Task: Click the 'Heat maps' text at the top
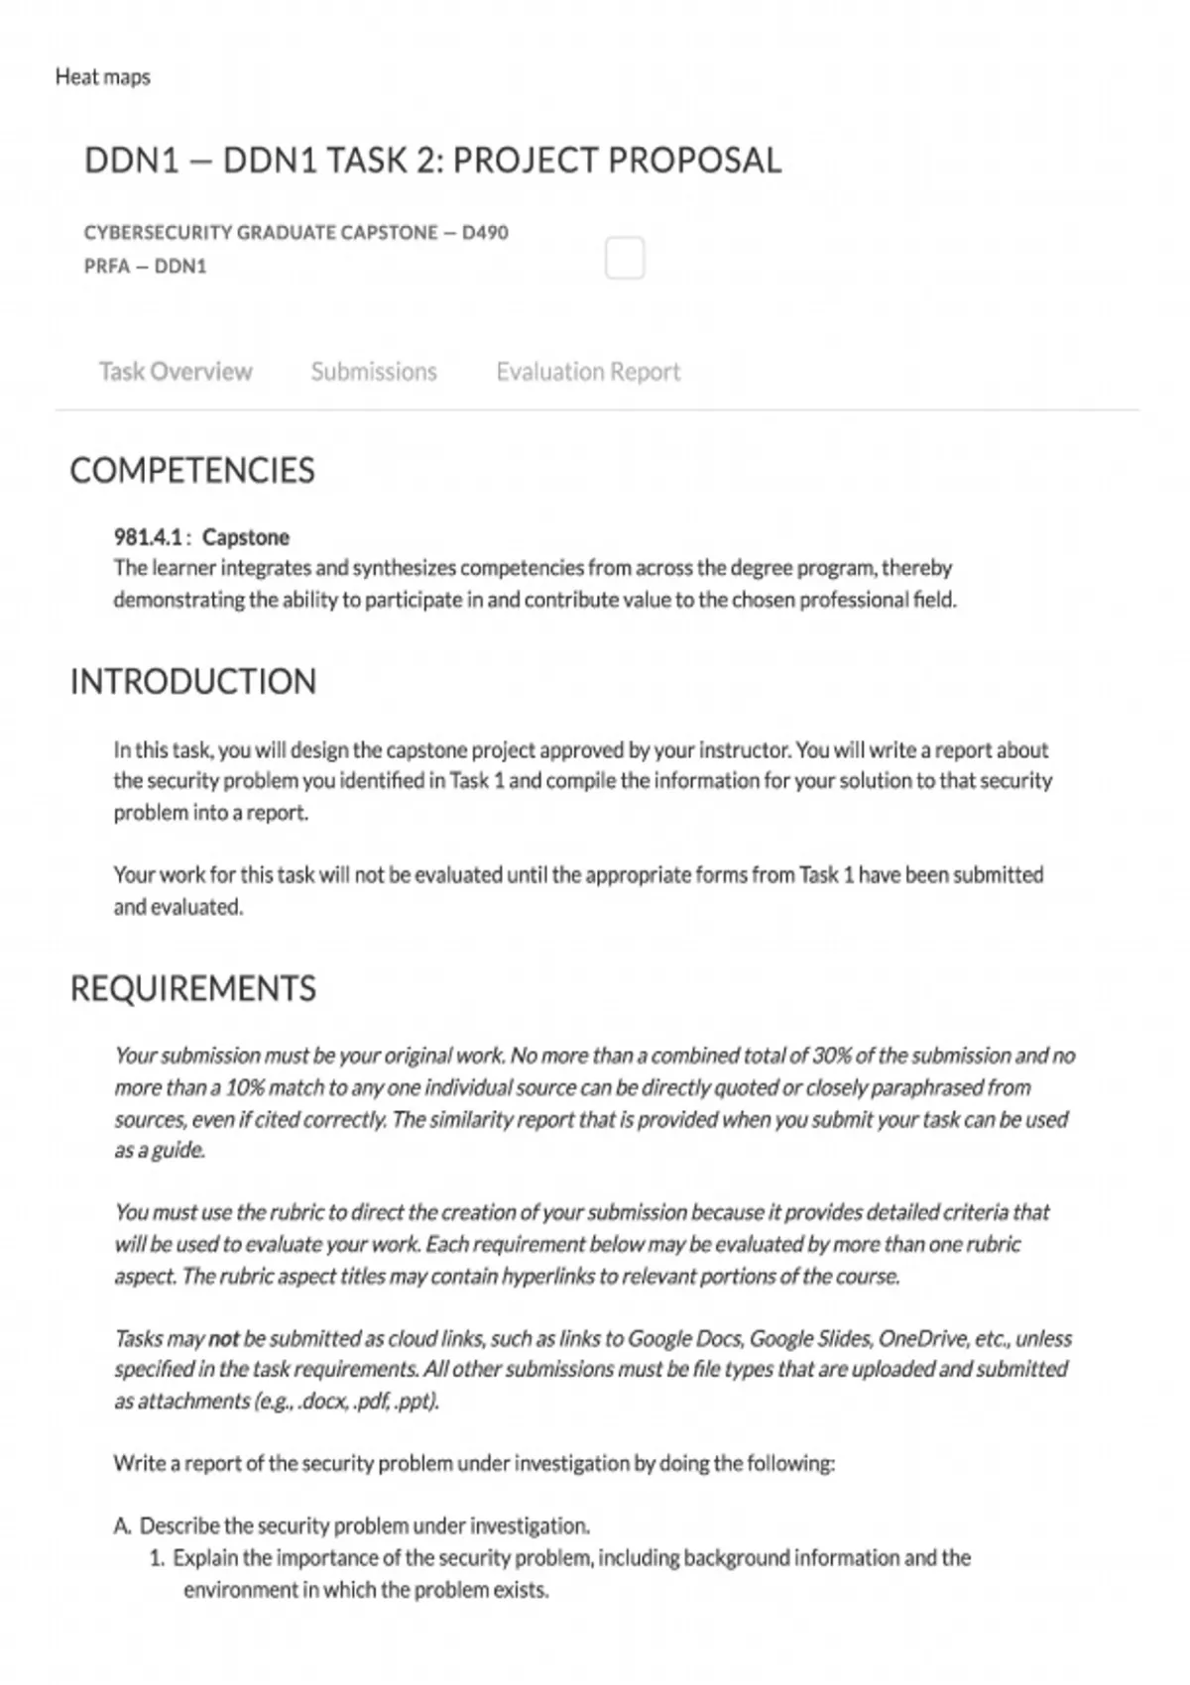point(103,77)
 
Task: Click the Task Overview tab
point(176,372)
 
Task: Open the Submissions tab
point(374,372)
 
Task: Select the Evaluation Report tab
point(588,372)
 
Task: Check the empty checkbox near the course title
point(625,258)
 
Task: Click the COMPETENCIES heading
point(192,471)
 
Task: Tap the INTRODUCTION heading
point(193,682)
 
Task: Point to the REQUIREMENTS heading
point(193,989)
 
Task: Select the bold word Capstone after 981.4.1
point(246,537)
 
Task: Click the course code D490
point(485,233)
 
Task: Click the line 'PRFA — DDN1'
point(146,267)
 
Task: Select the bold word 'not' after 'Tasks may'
point(223,1339)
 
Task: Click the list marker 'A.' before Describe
point(122,1526)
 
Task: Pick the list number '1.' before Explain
point(157,1558)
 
